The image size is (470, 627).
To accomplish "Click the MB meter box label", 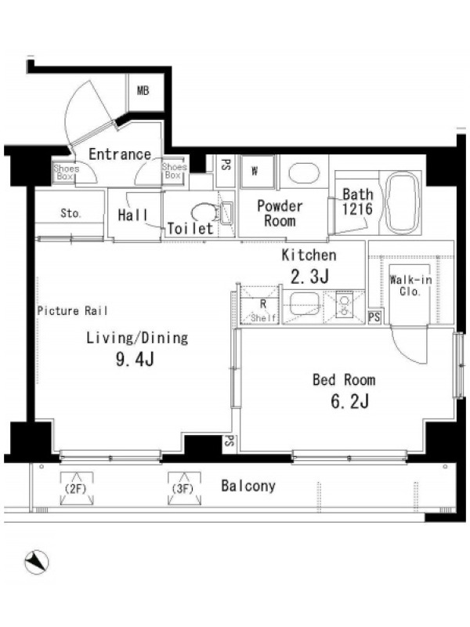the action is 143,91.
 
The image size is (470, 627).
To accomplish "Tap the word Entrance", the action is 120,154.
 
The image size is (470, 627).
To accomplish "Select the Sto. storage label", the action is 70,213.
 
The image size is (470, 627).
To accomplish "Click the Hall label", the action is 132,216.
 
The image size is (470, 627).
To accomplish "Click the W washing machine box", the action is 258,172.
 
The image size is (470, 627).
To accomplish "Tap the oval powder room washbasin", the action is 304,173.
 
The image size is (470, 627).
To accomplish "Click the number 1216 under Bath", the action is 357,208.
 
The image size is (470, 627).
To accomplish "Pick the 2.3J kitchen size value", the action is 309,276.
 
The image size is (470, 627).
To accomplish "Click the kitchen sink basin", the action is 304,304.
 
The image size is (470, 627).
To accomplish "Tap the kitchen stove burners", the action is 344,306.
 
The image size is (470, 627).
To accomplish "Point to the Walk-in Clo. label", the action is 410,285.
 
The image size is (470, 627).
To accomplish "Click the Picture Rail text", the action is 72,310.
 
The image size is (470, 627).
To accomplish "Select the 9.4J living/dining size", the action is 135,360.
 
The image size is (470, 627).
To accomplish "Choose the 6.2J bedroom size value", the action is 349,401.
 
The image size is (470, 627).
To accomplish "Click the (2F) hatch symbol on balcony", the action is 76,488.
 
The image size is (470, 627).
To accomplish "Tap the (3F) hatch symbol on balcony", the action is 184,488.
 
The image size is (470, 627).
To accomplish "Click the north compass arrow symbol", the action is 37,563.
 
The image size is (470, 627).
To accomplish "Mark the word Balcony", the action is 248,486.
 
